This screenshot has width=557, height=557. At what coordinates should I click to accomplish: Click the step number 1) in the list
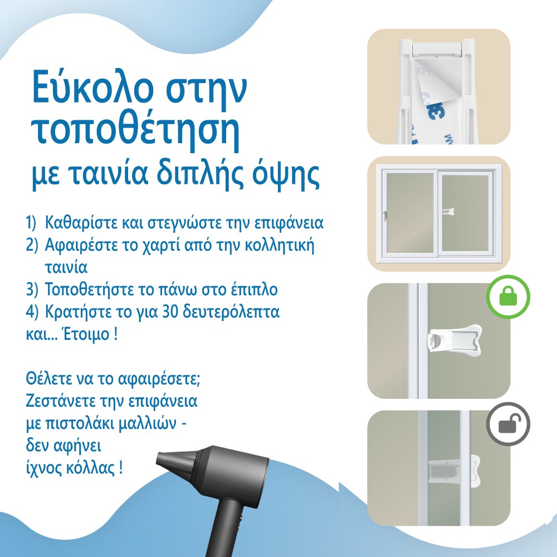coord(31,223)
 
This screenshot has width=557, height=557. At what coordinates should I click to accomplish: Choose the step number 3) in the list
coord(32,290)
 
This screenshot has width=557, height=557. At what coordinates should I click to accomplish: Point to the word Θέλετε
coord(48,379)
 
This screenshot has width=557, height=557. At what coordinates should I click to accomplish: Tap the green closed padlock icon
coord(508,296)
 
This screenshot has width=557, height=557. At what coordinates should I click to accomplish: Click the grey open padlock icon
coord(508,424)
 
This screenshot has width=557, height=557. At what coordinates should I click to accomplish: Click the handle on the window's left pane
coord(385,216)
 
